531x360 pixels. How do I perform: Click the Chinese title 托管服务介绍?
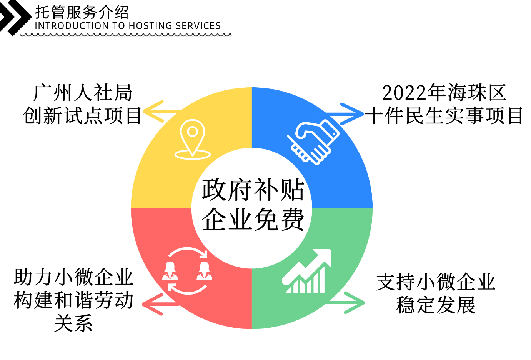pyautogui.click(x=82, y=12)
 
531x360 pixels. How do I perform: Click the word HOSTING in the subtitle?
pyautogui.click(x=151, y=26)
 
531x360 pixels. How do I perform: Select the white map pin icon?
pyautogui.click(x=193, y=139)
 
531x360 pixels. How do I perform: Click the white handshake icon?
pyautogui.click(x=313, y=142)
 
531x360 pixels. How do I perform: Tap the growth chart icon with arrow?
pyautogui.click(x=306, y=271)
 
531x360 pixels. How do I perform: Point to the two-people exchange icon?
pyautogui.click(x=187, y=271)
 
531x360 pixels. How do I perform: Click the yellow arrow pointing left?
pyautogui.click(x=161, y=111)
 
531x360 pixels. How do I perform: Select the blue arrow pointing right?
pyautogui.click(x=345, y=114)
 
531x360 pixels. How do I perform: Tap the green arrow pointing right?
pyautogui.click(x=346, y=303)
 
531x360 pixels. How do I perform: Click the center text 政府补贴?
pyautogui.click(x=253, y=190)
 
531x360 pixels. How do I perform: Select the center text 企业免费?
pyautogui.click(x=253, y=219)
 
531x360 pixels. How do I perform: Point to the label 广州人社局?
pyautogui.click(x=83, y=92)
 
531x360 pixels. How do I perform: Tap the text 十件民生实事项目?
pyautogui.click(x=443, y=115)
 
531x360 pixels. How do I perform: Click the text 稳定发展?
pyautogui.click(x=436, y=305)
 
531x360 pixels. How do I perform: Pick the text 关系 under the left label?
pyautogui.click(x=73, y=323)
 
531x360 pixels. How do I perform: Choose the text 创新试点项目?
pyautogui.click(x=82, y=115)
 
